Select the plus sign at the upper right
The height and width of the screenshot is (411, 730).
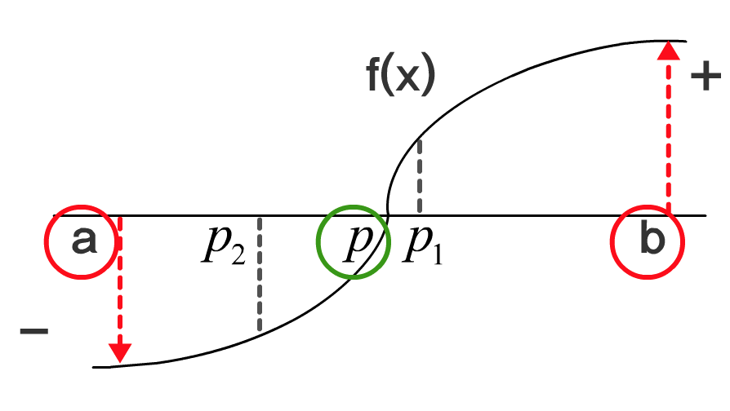[705, 77]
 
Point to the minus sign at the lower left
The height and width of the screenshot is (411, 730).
[33, 331]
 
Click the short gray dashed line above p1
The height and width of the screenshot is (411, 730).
[419, 175]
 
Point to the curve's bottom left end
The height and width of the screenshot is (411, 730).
[95, 367]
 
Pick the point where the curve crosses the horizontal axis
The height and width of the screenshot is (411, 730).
[387, 216]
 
